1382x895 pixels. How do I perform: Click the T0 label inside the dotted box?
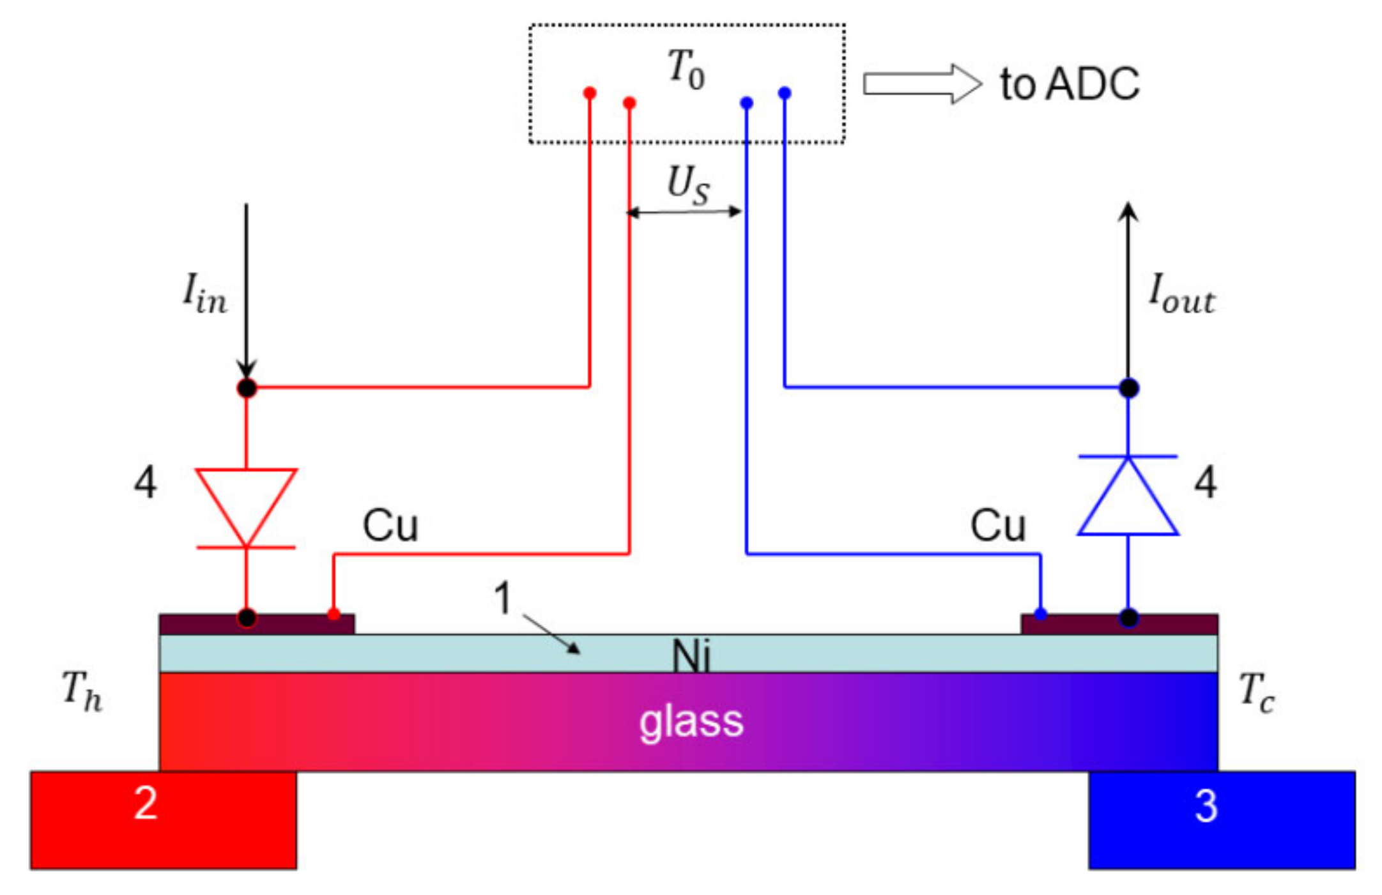coord(686,69)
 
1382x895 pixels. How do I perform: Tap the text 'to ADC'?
coord(1070,84)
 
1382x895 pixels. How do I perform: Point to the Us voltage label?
coord(687,185)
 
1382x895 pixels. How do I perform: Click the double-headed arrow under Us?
coord(684,211)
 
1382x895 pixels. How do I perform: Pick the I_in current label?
coord(204,294)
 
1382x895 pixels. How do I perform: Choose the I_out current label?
coord(1181,295)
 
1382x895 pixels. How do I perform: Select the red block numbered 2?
coord(163,820)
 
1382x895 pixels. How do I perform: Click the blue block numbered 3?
coord(1222,820)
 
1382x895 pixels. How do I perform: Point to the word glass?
coord(691,722)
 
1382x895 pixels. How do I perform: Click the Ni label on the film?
coord(691,655)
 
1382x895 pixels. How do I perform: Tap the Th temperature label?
coord(82,691)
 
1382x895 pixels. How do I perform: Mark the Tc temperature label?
coord(1256,692)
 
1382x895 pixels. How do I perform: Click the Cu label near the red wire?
coord(390,526)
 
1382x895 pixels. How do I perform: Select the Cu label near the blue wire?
coord(997,526)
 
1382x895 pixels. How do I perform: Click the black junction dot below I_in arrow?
coord(247,388)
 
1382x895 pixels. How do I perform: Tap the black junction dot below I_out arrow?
coord(1128,388)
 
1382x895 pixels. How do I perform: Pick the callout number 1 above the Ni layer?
coord(503,599)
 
